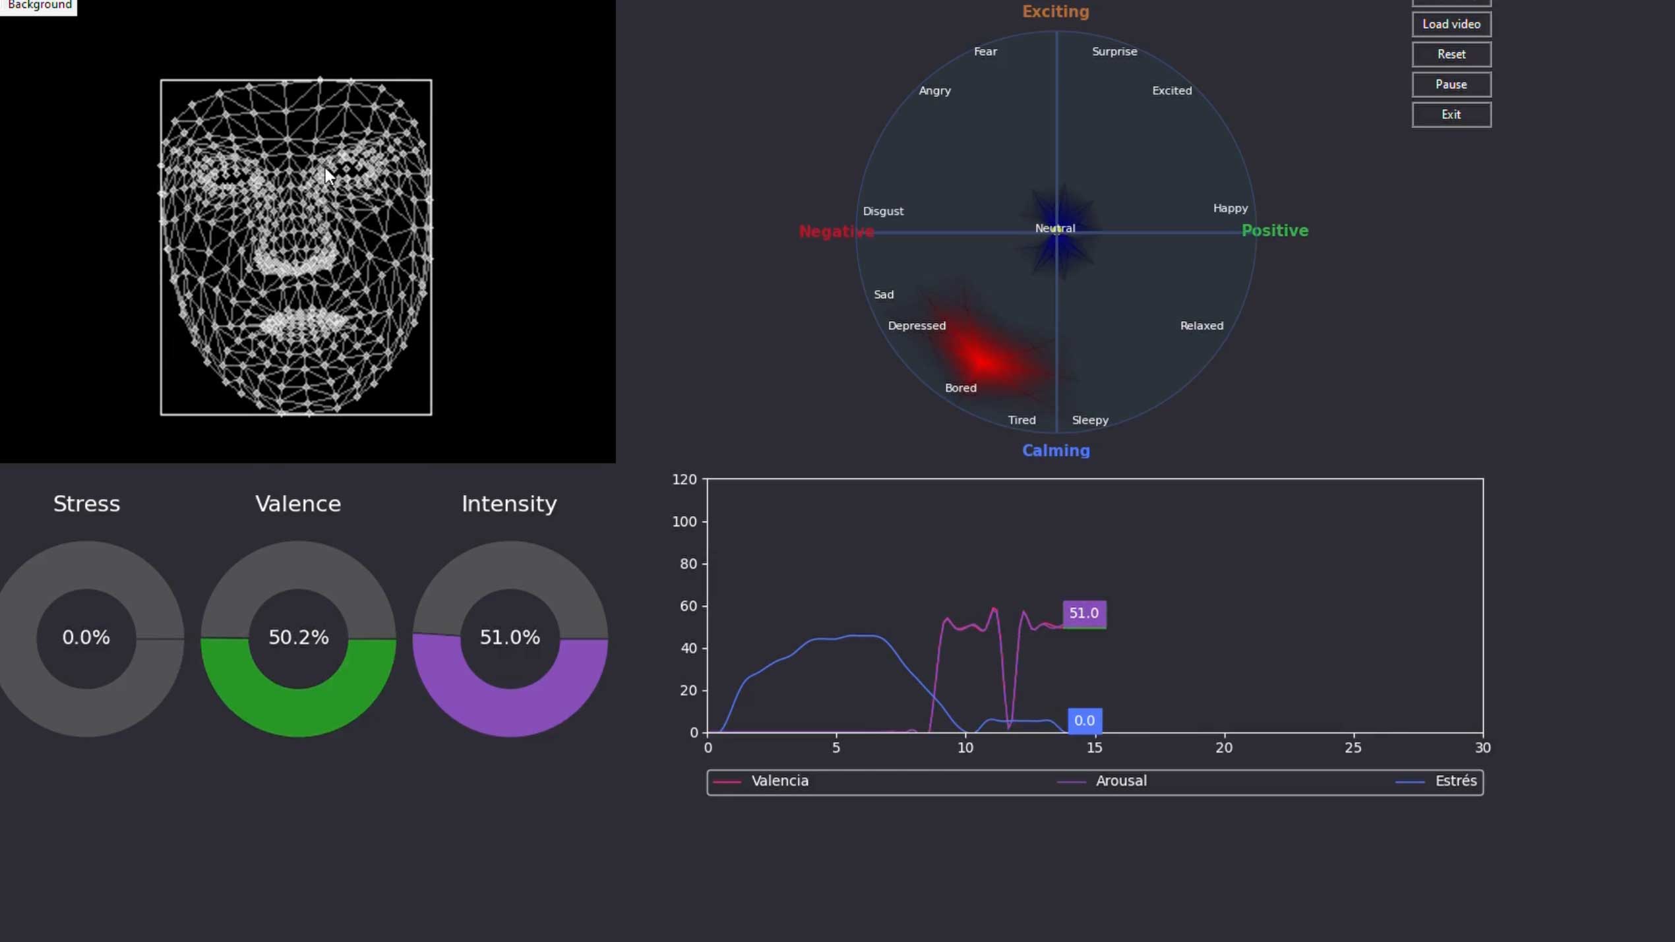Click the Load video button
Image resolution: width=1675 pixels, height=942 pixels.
pyautogui.click(x=1451, y=24)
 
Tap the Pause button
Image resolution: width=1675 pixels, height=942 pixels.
pyautogui.click(x=1451, y=84)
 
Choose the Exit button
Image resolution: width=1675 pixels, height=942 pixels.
pyautogui.click(x=1451, y=115)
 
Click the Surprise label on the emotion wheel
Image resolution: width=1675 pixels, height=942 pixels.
pyautogui.click(x=1114, y=51)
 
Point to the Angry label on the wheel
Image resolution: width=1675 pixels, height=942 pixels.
pyautogui.click(x=934, y=91)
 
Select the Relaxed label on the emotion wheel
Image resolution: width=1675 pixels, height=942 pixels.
pyautogui.click(x=1202, y=326)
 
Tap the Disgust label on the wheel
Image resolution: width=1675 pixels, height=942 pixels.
pyautogui.click(x=883, y=212)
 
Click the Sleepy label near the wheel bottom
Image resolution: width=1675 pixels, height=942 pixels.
pyautogui.click(x=1090, y=420)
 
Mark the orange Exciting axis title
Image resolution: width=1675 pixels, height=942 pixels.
pyautogui.click(x=1055, y=11)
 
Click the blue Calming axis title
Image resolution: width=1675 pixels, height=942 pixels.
pyautogui.click(x=1056, y=450)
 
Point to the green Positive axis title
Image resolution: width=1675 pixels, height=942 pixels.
pyautogui.click(x=1275, y=231)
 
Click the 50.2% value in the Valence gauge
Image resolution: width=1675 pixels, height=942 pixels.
pyautogui.click(x=298, y=637)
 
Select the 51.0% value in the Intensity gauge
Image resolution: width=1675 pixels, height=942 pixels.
pyautogui.click(x=510, y=637)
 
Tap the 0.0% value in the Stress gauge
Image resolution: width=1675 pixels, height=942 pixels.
pyautogui.click(x=86, y=637)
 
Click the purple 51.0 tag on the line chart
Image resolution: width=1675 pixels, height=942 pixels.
pyautogui.click(x=1084, y=614)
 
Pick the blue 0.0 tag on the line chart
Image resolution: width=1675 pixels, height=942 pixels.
pyautogui.click(x=1085, y=721)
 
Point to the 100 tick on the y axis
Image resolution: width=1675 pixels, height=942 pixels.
pyautogui.click(x=685, y=521)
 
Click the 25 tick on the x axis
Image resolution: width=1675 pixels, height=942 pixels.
pyautogui.click(x=1353, y=748)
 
